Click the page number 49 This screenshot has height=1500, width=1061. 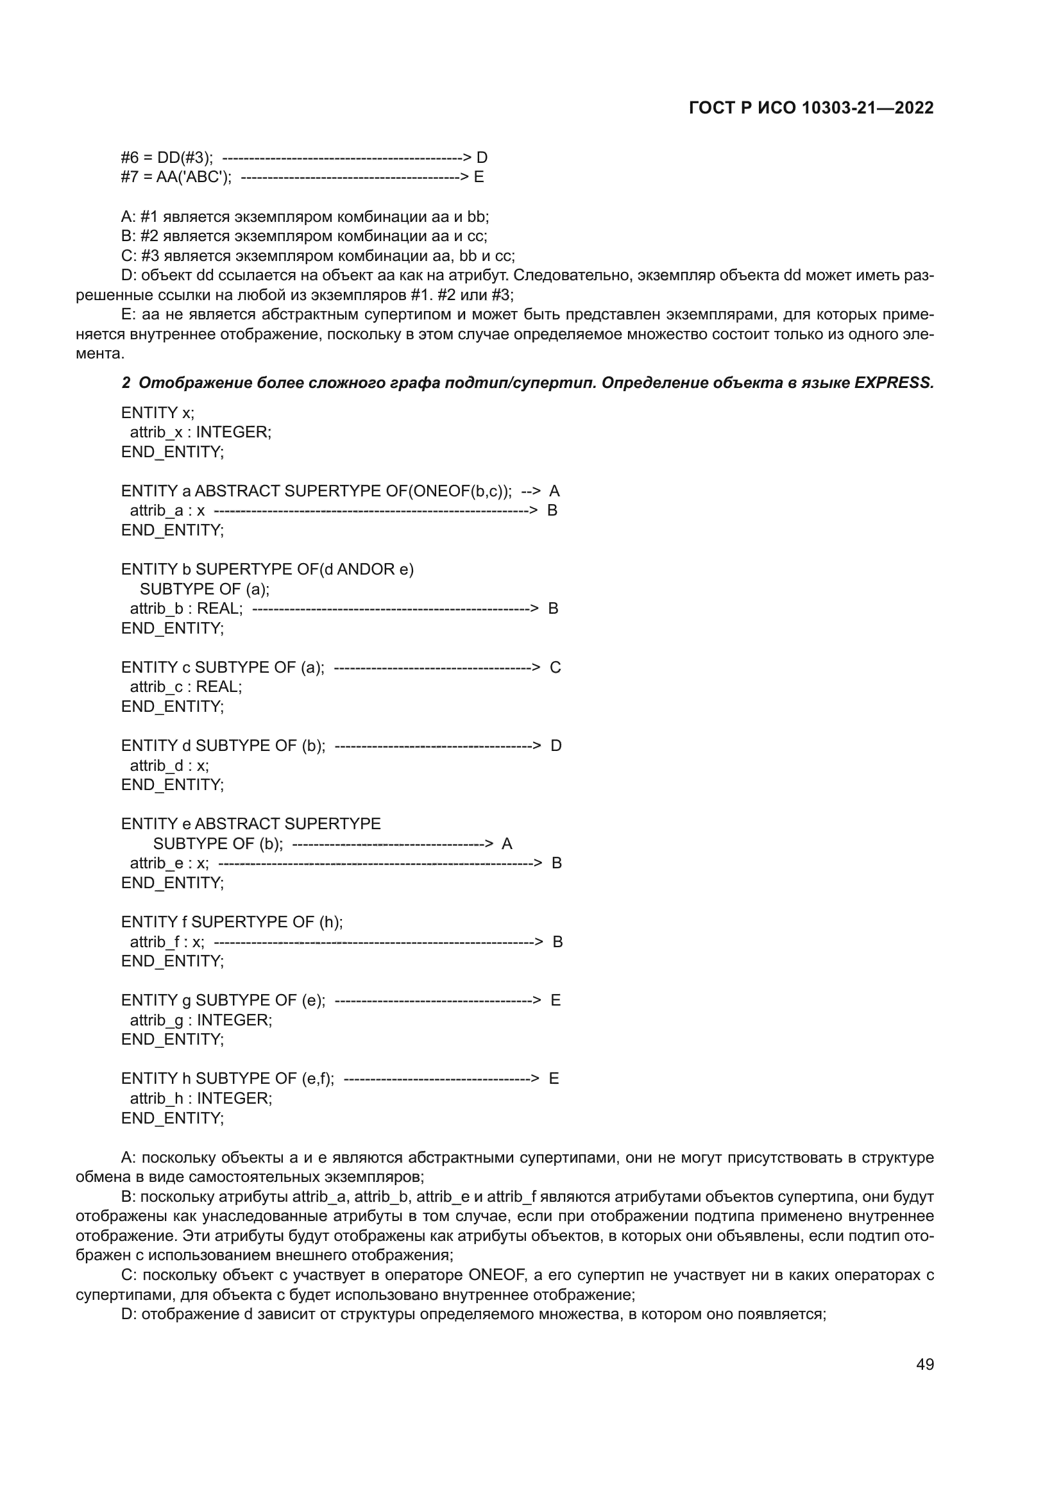pyautogui.click(x=924, y=1365)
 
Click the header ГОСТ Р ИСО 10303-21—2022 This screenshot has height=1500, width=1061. pyautogui.click(x=811, y=108)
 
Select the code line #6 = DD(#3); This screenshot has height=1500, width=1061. pyautogui.click(x=167, y=158)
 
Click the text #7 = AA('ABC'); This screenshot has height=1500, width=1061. pyautogui.click(x=176, y=177)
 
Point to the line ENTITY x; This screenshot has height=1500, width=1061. pyautogui.click(x=157, y=413)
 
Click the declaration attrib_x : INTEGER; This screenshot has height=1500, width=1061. pyautogui.click(x=201, y=432)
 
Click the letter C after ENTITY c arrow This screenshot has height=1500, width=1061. pyautogui.click(x=556, y=668)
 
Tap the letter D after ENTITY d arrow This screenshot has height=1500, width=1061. pyautogui.click(x=556, y=746)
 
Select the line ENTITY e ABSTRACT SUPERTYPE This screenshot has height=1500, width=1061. pyautogui.click(x=250, y=824)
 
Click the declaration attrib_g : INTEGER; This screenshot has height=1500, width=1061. pyautogui.click(x=201, y=1020)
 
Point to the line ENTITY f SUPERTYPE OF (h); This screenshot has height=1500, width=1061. pyautogui.click(x=232, y=922)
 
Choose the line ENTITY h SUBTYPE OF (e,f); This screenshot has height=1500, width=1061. pyautogui.click(x=227, y=1079)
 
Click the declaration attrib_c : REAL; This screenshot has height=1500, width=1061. pyautogui.click(x=185, y=687)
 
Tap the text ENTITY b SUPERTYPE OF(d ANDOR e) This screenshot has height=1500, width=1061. pyautogui.click(x=267, y=569)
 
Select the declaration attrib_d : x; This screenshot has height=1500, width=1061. pyautogui.click(x=169, y=766)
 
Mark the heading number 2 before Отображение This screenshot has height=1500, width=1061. pyautogui.click(x=126, y=383)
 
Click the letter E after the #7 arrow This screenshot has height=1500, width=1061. pyautogui.click(x=479, y=177)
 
